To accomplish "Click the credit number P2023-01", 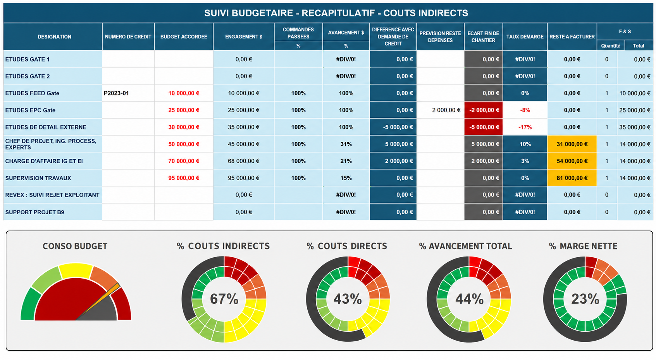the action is [116, 93].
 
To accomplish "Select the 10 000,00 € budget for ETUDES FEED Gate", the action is [184, 93].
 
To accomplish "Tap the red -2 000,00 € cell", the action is [484, 110].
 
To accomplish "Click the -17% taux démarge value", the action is [525, 127].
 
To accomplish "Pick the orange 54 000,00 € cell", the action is [572, 161].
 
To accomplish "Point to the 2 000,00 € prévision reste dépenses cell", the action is [446, 110].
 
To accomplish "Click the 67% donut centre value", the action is [224, 299].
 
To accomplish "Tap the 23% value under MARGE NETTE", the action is [585, 299].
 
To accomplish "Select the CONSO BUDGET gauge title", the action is [75, 246].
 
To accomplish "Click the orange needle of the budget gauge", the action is [98, 302].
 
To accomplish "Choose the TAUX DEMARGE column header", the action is [525, 36].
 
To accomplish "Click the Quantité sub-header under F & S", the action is [611, 46].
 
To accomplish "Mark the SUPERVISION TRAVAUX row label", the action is [38, 178].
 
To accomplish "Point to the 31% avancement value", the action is [346, 144].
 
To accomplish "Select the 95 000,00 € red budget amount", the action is [184, 178].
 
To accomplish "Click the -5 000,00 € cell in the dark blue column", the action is [398, 127].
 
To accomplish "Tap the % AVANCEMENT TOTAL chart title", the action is [465, 246].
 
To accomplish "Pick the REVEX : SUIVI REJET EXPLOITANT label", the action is [52, 195].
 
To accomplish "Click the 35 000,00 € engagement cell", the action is [244, 127].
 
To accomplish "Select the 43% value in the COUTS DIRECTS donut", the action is [348, 299].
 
